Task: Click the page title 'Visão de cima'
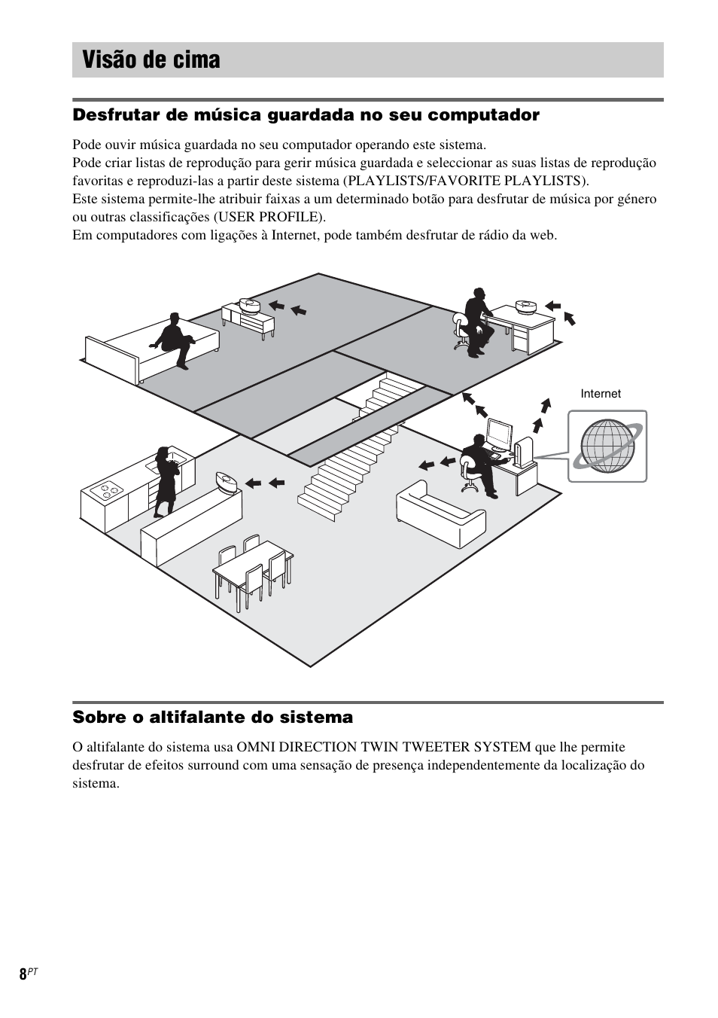(152, 60)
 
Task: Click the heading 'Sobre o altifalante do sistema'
(212, 718)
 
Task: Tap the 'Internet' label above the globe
(600, 394)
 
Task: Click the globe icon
(607, 446)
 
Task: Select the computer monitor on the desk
(498, 434)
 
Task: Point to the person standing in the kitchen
(165, 482)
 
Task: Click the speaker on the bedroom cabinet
(249, 305)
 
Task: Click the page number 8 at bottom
(23, 973)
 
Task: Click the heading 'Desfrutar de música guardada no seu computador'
(306, 115)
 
